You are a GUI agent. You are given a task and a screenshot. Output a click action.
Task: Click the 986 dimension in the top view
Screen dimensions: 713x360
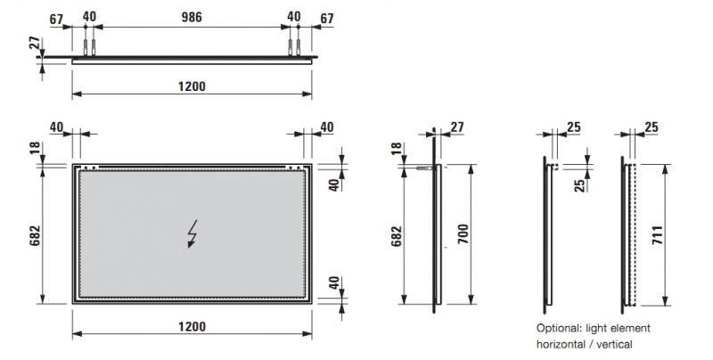192,17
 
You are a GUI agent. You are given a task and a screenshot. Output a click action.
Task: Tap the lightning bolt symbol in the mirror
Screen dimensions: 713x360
193,234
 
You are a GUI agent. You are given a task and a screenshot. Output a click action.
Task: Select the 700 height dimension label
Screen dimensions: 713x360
463,233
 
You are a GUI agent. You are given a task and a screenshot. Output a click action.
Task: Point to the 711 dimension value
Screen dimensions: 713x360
658,235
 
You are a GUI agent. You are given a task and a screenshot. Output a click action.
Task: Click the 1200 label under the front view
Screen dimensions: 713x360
192,326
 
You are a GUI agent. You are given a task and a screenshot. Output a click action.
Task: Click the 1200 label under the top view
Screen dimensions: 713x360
192,86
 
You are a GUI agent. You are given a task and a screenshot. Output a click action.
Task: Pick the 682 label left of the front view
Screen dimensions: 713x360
35,236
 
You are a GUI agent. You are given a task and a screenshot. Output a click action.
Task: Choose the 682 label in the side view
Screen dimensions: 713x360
397,236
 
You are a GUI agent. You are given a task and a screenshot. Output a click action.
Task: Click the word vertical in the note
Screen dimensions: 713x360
614,345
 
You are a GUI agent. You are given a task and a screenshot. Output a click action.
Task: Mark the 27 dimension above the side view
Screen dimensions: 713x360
457,127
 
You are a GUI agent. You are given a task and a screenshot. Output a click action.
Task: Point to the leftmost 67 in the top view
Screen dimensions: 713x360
56,20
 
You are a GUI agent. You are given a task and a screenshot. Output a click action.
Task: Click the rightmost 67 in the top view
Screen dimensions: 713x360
327,19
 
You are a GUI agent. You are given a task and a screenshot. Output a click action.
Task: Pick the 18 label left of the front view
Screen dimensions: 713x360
35,148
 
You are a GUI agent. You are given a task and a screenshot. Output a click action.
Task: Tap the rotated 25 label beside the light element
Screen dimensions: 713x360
579,185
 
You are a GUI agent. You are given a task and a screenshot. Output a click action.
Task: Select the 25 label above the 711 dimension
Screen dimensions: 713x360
652,127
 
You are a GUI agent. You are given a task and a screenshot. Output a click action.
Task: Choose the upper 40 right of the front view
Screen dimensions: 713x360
334,185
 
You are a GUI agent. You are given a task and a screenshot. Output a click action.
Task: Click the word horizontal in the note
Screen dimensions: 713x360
561,345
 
